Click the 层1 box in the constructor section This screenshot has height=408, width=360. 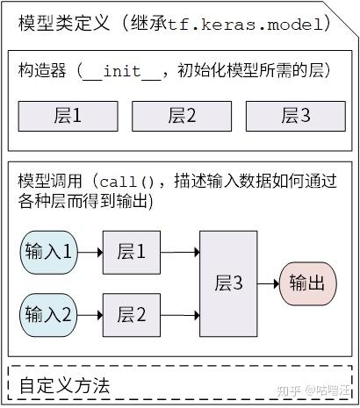point(63,115)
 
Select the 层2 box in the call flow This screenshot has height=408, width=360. point(132,312)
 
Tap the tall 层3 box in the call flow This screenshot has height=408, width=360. point(229,283)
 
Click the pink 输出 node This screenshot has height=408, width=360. point(308,283)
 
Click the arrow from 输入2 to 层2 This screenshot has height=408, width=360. point(90,312)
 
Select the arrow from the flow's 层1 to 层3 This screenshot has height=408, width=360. point(180,253)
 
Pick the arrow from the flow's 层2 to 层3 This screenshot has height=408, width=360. point(180,312)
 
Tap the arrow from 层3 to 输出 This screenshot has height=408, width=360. point(269,283)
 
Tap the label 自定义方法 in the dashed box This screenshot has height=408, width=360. point(64,385)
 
